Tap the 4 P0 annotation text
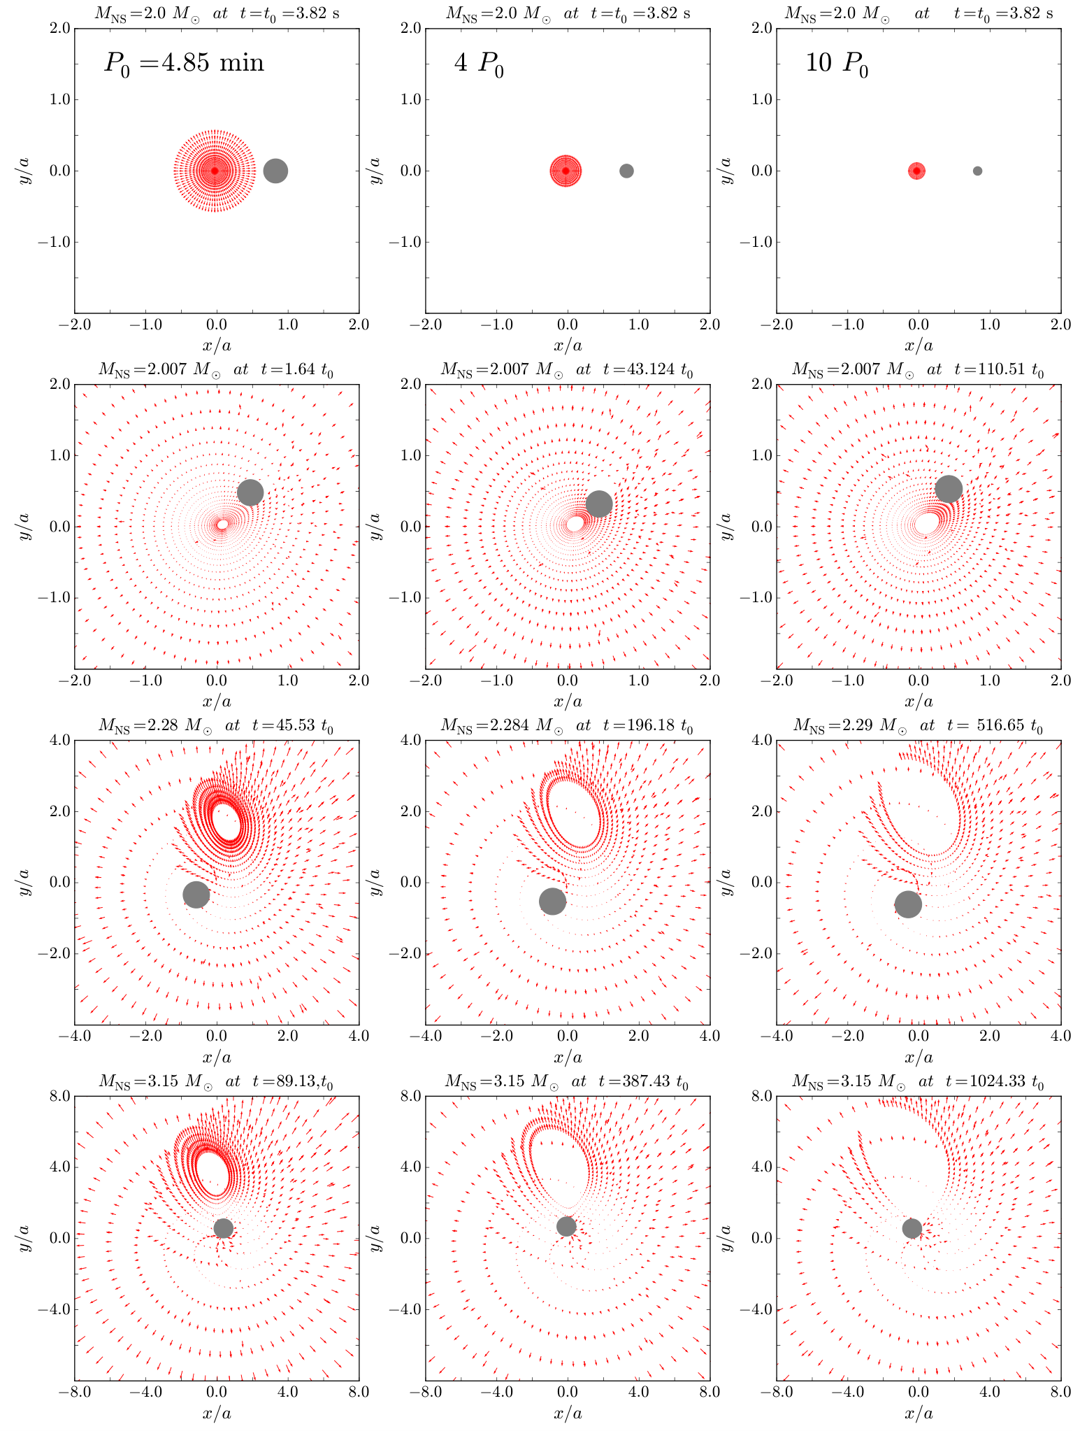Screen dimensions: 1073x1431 pos(480,65)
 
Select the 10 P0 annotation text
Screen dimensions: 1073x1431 pos(837,65)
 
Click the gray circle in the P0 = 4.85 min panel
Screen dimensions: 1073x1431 pos(276,171)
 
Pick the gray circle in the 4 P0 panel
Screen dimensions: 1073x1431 pos(626,171)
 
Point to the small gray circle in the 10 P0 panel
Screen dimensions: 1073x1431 pos(977,171)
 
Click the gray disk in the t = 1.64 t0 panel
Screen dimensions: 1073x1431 pos(250,492)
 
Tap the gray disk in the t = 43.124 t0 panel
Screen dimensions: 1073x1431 pos(599,504)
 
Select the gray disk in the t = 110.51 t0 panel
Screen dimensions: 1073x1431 pos(949,489)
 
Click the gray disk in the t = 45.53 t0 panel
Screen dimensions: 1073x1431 pos(196,895)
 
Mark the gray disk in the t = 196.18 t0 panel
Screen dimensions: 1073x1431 pos(552,902)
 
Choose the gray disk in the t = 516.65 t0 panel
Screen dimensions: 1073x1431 pos(908,904)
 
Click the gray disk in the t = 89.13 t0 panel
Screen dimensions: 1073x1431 pos(223,1228)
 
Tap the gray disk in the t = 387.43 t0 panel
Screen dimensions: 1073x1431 pos(566,1226)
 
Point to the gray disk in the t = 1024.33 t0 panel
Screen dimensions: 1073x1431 pos(912,1228)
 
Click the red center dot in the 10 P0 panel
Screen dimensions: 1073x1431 pos(916,171)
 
